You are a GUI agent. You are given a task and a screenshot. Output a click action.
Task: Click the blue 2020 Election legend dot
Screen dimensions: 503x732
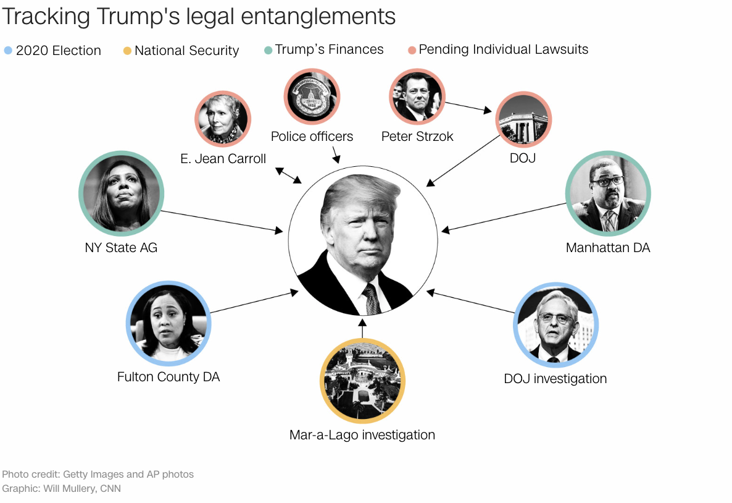pyautogui.click(x=8, y=50)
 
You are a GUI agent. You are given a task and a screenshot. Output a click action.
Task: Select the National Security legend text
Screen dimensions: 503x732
pyautogui.click(x=186, y=51)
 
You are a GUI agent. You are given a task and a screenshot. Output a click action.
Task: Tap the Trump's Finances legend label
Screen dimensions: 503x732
pyautogui.click(x=329, y=49)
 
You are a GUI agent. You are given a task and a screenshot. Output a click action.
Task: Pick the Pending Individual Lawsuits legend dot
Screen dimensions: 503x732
pyautogui.click(x=412, y=49)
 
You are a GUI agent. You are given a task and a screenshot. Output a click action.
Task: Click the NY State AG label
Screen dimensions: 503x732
pyautogui.click(x=121, y=248)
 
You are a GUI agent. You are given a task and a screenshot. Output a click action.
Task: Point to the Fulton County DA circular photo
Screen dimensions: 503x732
pyautogui.click(x=168, y=324)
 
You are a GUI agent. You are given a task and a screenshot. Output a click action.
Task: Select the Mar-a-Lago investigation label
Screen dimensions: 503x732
pyautogui.click(x=362, y=435)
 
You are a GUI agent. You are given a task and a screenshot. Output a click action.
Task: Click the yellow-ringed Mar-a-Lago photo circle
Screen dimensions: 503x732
pyautogui.click(x=362, y=381)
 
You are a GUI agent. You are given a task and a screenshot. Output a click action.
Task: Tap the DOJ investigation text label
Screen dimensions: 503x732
pyautogui.click(x=555, y=379)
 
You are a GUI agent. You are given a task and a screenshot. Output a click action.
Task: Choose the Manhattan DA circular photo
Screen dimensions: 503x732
pyautogui.click(x=608, y=194)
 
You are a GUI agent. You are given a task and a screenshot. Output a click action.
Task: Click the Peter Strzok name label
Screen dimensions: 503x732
pyautogui.click(x=417, y=137)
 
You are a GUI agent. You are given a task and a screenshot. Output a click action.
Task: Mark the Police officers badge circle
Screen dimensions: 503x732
pyautogui.click(x=312, y=96)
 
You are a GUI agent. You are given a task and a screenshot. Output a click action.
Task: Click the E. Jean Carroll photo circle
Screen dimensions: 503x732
pyautogui.click(x=222, y=119)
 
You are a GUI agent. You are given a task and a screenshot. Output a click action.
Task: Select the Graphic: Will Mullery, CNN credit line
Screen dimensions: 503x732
pyautogui.click(x=62, y=489)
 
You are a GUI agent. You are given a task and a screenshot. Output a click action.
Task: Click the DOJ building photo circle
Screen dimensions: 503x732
pyautogui.click(x=523, y=119)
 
